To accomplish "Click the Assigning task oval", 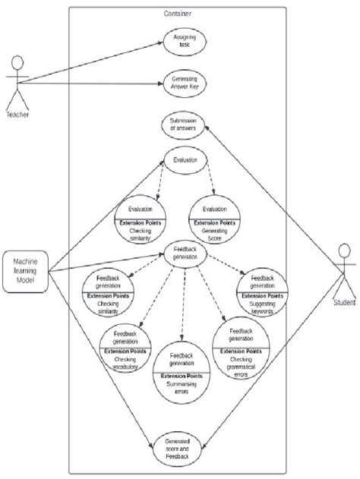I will (184, 41).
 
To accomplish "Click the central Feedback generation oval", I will (185, 254).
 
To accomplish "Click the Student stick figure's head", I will (344, 250).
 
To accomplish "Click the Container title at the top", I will (177, 14).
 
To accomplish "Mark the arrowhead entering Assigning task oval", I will (162, 43).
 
